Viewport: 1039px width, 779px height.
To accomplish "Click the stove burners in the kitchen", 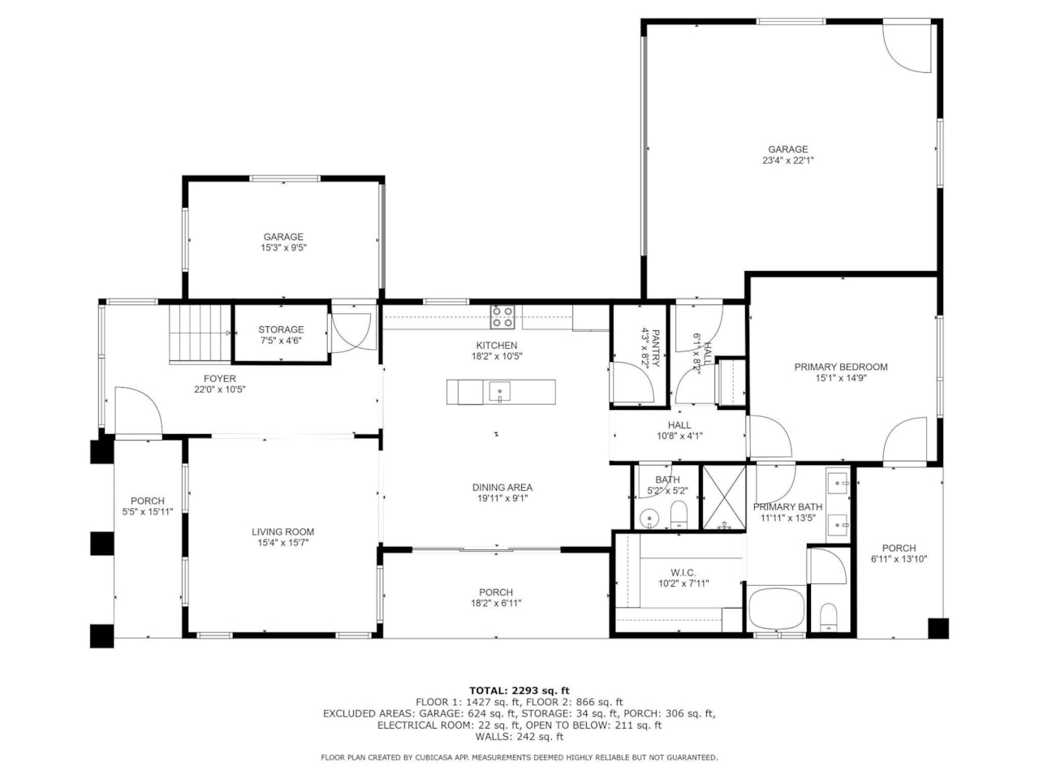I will click(502, 316).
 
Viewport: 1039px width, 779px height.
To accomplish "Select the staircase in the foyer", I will click(200, 333).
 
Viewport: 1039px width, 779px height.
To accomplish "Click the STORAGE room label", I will click(281, 329).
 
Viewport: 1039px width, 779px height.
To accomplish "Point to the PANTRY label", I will click(650, 349).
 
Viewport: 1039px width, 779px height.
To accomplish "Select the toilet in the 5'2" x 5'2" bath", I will click(679, 514).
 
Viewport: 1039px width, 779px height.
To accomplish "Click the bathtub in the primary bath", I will click(776, 609).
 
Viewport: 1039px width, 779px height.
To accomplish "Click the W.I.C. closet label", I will click(683, 573).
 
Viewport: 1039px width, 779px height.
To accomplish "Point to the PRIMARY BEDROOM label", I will click(840, 367).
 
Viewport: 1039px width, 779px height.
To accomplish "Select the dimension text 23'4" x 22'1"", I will click(787, 161).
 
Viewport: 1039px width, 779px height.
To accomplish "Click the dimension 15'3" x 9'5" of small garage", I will click(282, 248).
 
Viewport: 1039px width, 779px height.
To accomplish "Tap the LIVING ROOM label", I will click(282, 532).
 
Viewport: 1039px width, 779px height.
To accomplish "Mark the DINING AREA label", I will click(502, 488).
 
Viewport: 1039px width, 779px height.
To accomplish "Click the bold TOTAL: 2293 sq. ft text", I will click(519, 691).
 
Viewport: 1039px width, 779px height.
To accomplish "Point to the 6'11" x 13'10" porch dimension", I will click(899, 559).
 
